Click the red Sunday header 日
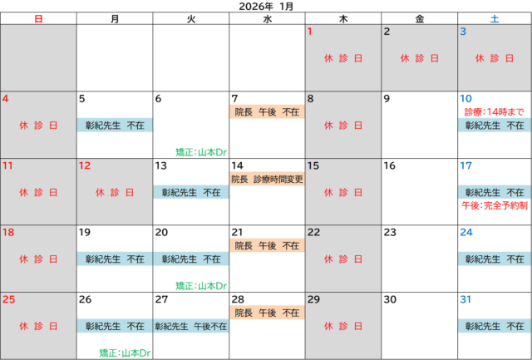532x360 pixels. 38,18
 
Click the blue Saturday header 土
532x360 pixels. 495,18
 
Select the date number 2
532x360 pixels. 387,32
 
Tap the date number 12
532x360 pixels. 85,166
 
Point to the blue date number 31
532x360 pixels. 466,299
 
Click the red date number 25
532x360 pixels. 9,299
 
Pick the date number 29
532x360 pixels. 314,299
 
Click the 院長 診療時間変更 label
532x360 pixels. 267,178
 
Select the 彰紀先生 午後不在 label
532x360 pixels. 190,326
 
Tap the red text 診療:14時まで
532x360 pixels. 495,111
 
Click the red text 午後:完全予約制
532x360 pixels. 495,205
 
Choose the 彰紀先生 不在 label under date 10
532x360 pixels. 495,125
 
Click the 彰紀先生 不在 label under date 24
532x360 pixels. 495,259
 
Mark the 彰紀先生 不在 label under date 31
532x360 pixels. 495,326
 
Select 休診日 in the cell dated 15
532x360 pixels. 342,192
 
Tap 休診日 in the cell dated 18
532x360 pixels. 38,259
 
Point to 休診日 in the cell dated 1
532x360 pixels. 342,58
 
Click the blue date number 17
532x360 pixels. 466,166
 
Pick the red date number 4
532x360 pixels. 6,99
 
